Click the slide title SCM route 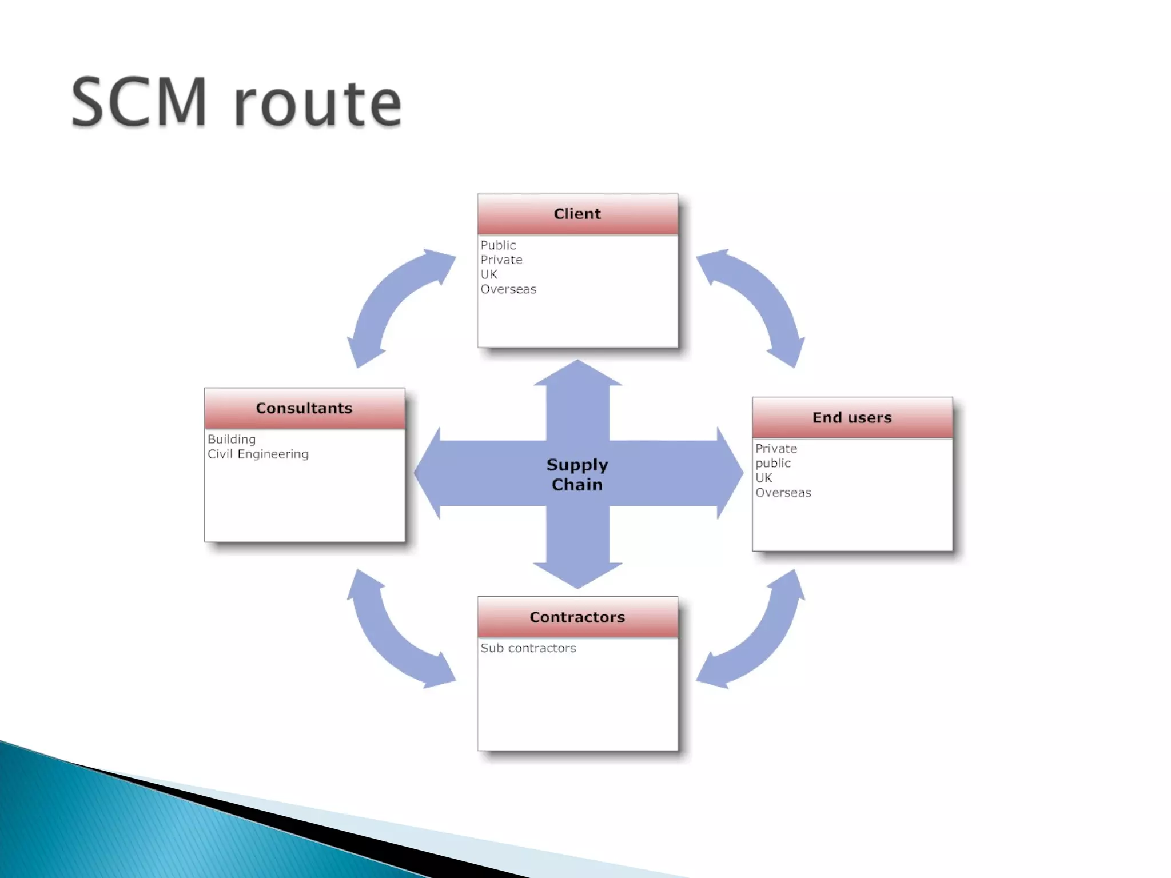coord(236,103)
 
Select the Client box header coord(577,214)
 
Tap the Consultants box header coord(304,409)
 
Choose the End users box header coord(852,418)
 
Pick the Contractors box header coord(577,617)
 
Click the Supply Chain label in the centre coord(577,474)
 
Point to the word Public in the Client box coord(498,245)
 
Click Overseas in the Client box coord(508,289)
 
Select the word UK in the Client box coord(489,274)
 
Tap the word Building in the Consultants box coord(232,440)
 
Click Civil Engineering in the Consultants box coord(258,454)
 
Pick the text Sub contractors coord(528,648)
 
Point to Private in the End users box coord(776,449)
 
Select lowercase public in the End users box coord(773,464)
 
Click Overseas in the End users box coord(783,493)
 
